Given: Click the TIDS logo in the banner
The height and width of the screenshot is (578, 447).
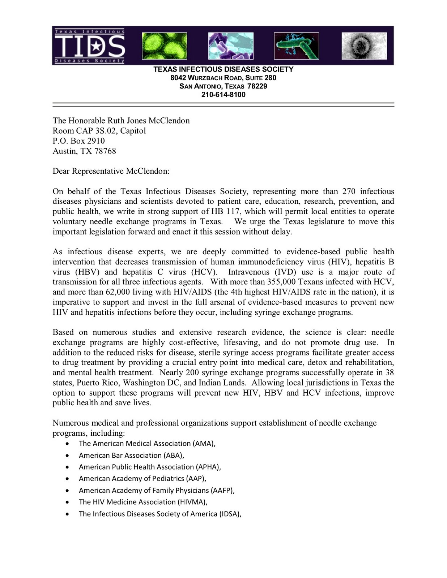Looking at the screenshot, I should click(x=90, y=46).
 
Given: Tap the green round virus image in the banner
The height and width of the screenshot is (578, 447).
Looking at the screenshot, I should click(x=165, y=46).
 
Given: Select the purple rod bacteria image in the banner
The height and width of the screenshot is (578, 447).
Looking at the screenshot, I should click(x=231, y=46).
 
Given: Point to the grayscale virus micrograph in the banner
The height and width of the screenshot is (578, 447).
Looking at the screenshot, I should click(x=364, y=46).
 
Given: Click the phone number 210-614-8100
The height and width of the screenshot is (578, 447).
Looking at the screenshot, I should click(x=223, y=95).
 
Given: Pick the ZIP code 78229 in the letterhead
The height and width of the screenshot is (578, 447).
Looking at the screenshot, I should click(x=257, y=86).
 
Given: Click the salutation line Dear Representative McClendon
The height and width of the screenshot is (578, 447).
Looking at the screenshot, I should click(x=111, y=171).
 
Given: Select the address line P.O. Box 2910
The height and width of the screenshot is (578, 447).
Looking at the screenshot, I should click(x=78, y=141).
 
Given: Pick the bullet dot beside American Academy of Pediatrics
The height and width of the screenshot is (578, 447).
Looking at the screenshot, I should click(x=68, y=479).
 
